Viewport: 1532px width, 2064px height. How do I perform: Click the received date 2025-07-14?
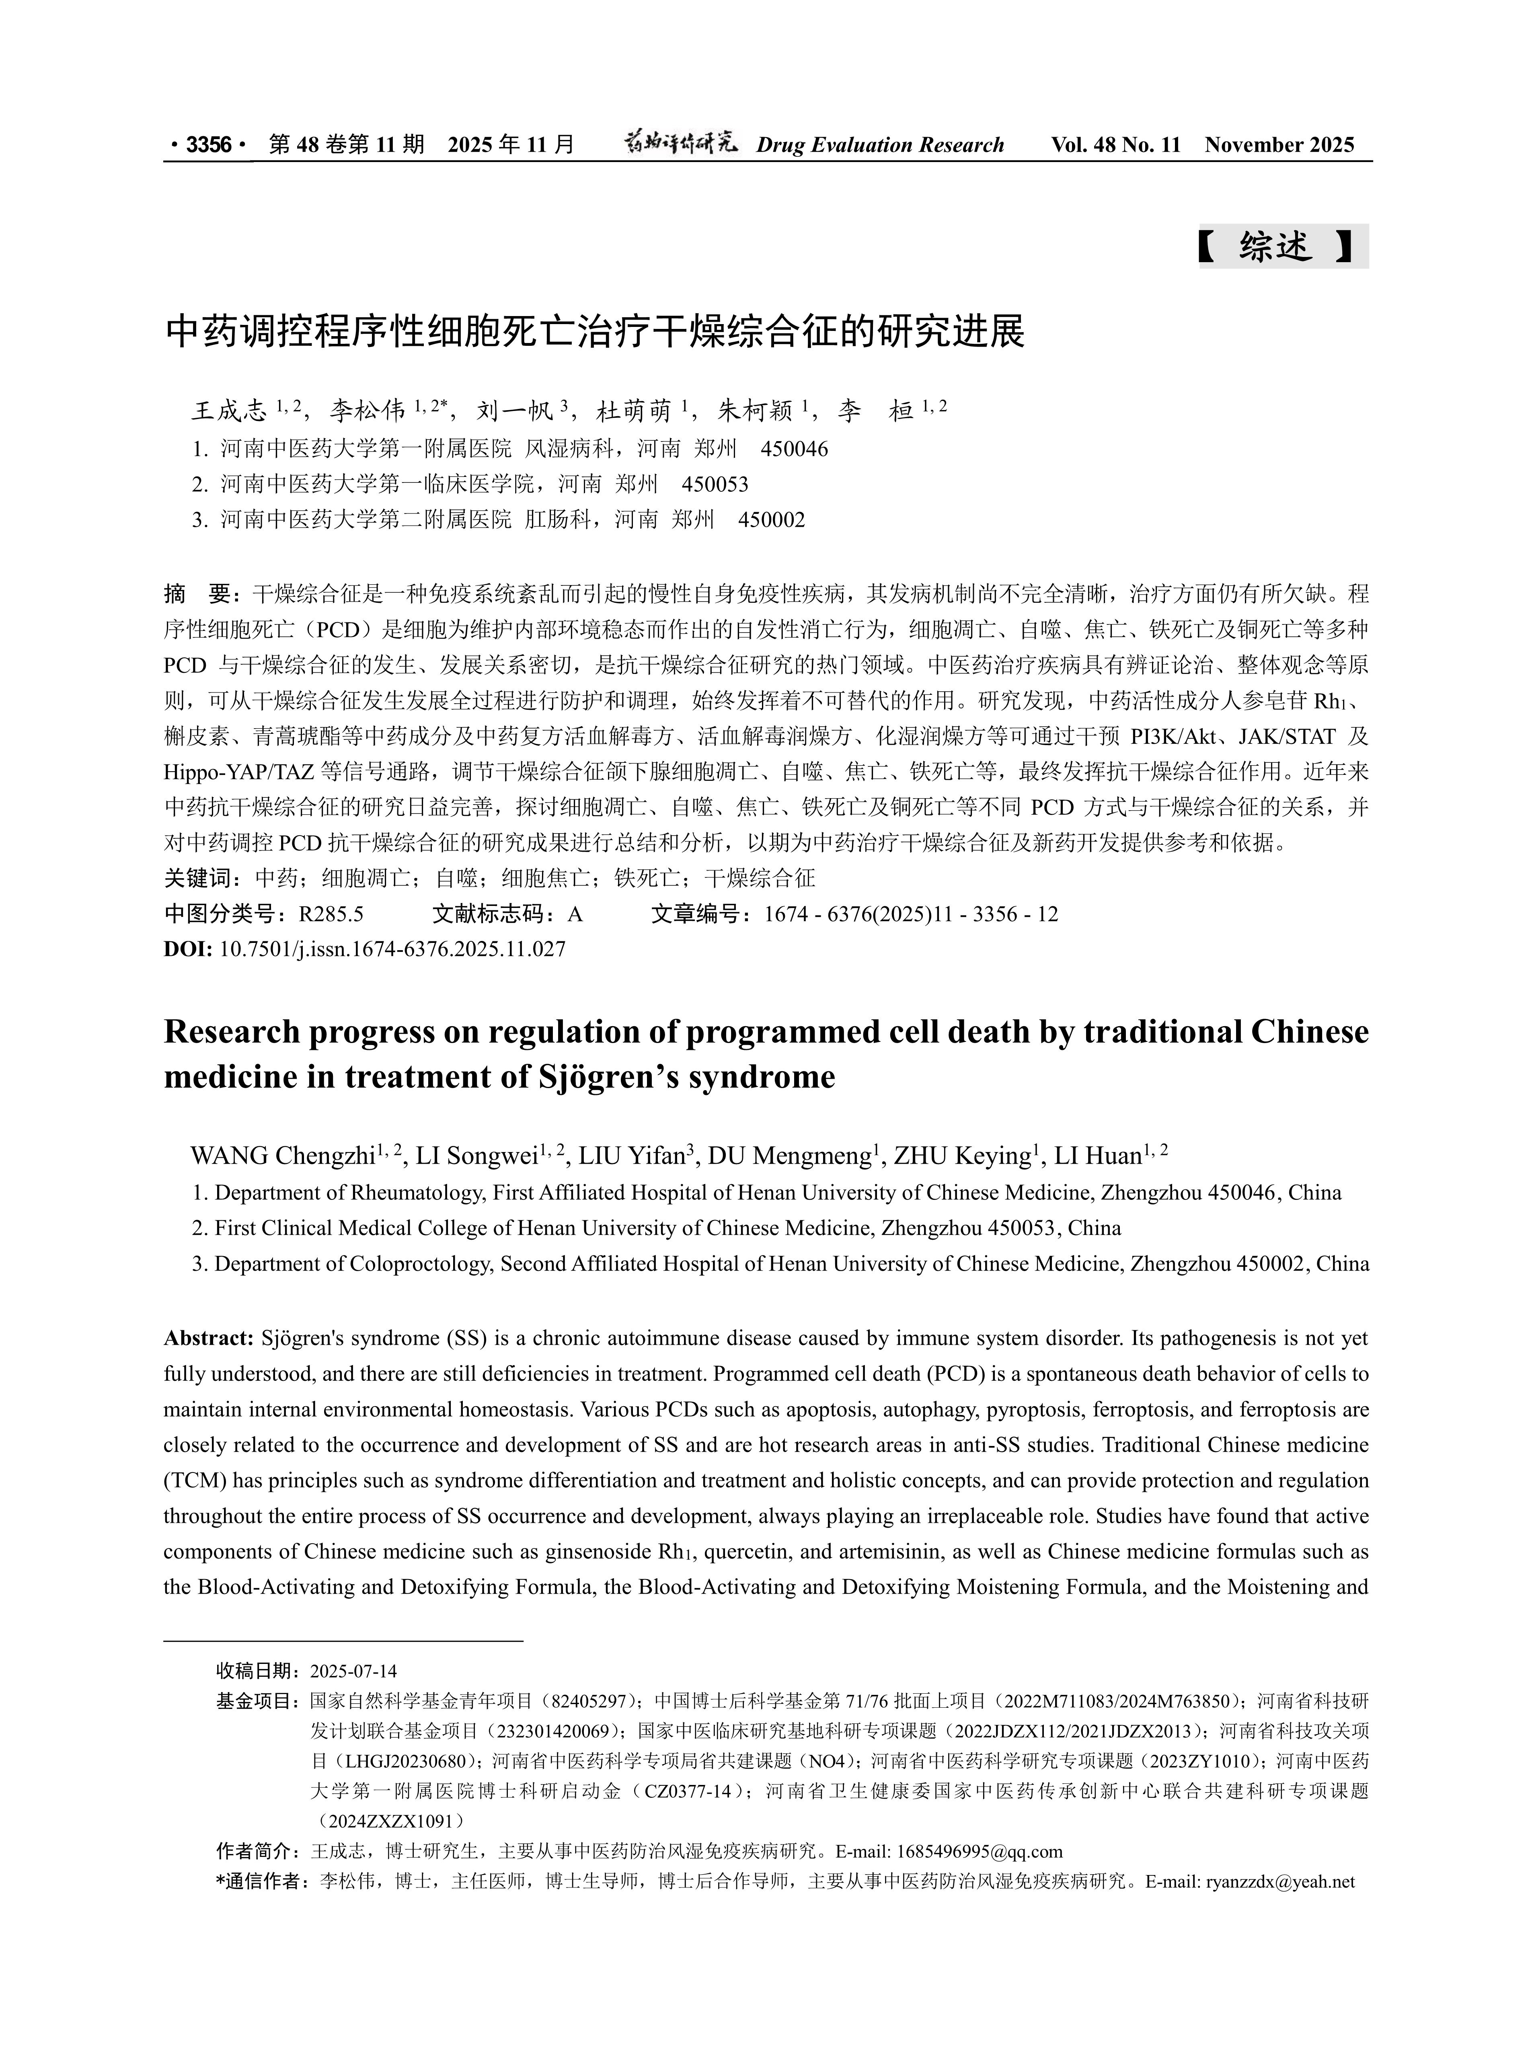tap(353, 1671)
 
